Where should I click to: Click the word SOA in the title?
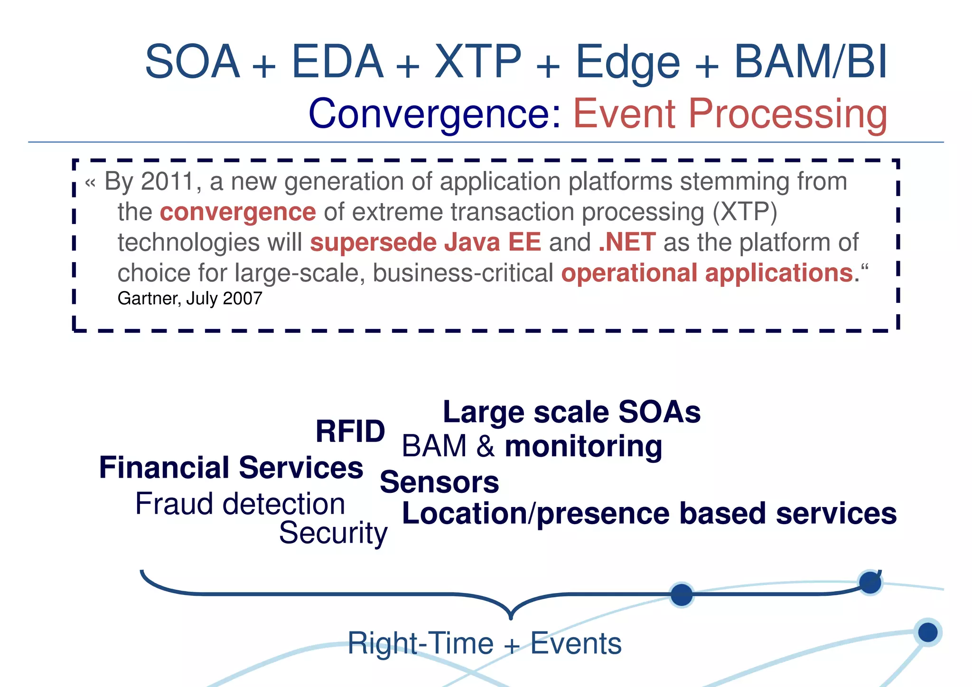[193, 62]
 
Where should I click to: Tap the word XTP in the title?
[478, 62]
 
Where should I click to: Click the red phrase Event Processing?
[730, 114]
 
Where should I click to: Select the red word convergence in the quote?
[238, 212]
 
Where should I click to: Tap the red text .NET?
[627, 242]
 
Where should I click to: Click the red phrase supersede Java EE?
[425, 242]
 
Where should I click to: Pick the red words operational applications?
[707, 273]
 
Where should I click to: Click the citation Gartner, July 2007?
[190, 299]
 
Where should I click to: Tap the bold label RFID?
[350, 432]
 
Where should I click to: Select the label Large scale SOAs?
[571, 412]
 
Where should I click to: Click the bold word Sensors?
[439, 482]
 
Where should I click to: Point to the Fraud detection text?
[240, 504]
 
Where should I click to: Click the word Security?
[333, 533]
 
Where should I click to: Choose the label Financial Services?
[231, 468]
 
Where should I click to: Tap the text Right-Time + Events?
[484, 644]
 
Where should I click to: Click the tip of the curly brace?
[511, 617]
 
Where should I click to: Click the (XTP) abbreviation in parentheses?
[745, 212]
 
